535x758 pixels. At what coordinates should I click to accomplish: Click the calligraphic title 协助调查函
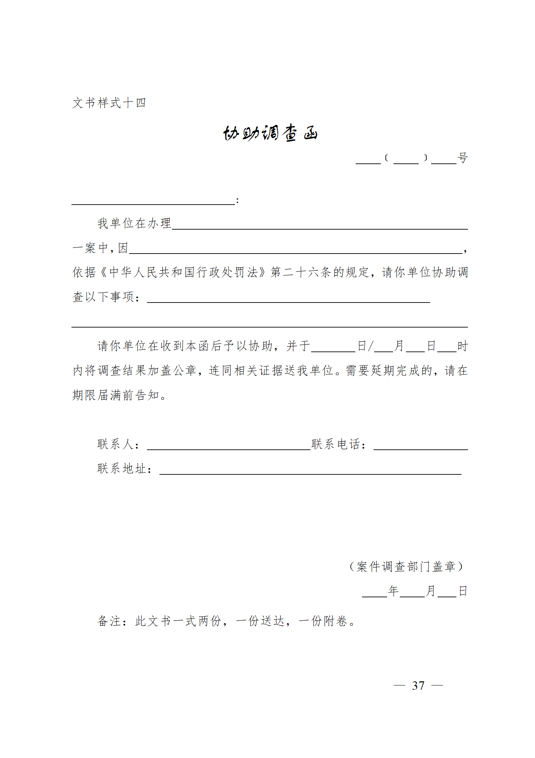270,133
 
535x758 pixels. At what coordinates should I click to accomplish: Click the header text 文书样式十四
109,103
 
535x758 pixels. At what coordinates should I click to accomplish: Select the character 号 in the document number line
463,158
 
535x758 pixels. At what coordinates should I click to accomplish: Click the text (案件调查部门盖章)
406,567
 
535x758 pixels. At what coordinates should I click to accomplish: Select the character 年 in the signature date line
393,591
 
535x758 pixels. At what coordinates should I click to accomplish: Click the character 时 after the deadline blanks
463,346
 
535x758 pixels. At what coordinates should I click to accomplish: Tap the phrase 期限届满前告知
115,395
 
